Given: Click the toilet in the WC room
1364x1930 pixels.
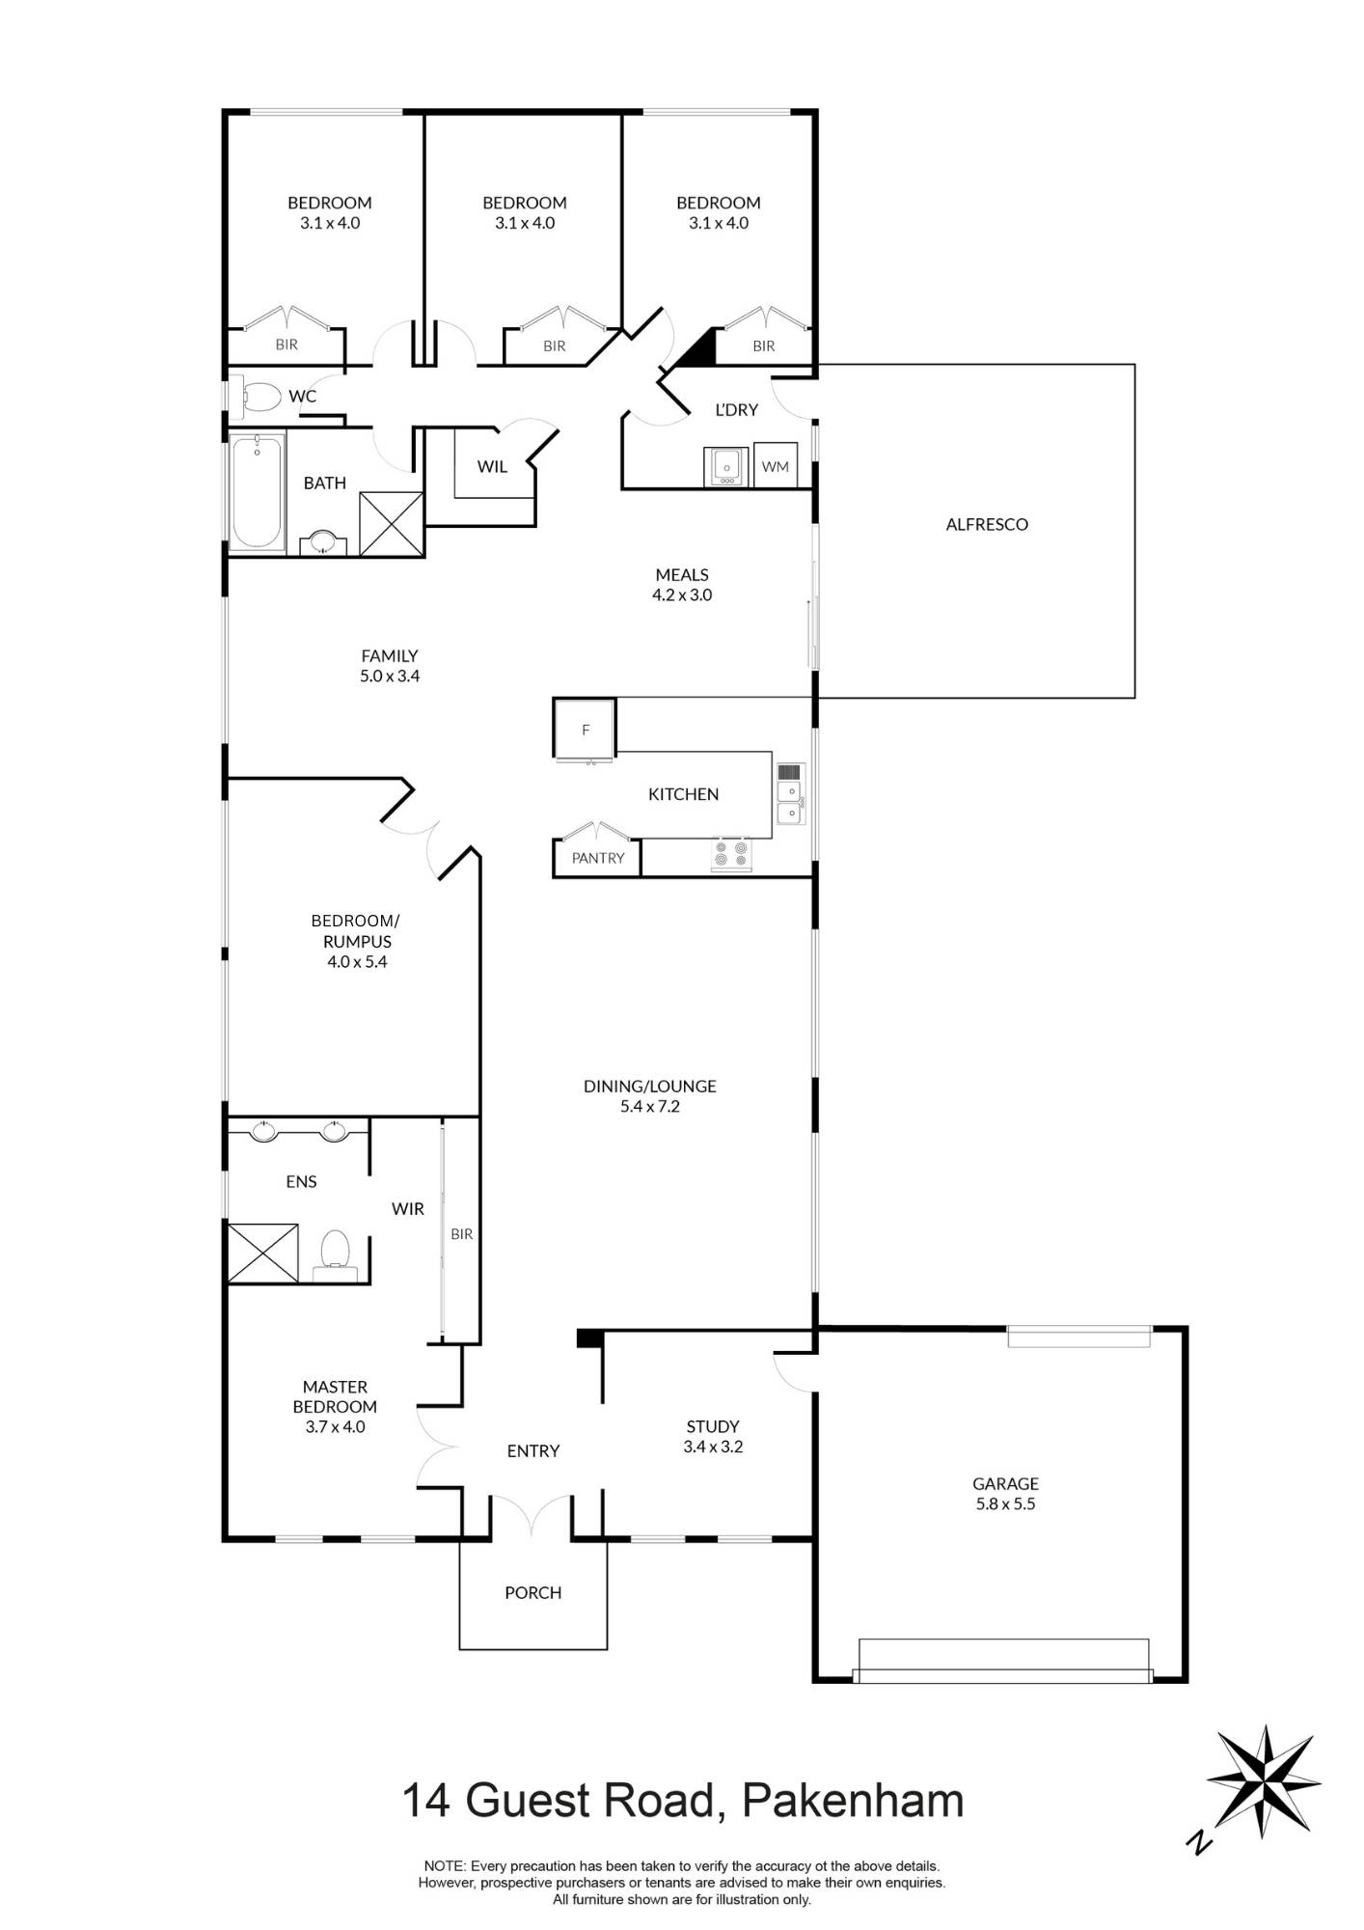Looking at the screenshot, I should (259, 397).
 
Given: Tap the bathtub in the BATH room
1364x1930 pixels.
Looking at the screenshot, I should (258, 492).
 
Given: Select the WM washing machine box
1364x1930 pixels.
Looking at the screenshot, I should (775, 466).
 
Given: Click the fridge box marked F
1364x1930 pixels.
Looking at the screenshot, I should (585, 730).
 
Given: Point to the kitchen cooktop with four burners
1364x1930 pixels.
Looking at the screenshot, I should (730, 854).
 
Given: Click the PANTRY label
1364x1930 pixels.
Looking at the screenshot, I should (597, 858).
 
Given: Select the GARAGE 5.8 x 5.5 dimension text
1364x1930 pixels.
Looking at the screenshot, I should (1005, 1503).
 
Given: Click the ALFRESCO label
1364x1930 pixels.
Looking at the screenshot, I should (986, 524).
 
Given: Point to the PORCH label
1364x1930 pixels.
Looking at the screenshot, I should (532, 1592).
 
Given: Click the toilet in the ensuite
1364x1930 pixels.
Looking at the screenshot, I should (335, 1251).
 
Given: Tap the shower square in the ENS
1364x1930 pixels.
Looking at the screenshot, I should (262, 1253).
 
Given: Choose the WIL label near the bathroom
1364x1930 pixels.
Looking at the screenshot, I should (492, 466).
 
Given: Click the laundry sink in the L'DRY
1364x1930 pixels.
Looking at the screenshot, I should (725, 467).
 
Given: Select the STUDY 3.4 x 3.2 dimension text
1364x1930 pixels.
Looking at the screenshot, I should (713, 1447).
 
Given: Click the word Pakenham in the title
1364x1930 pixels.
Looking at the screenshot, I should (853, 1801).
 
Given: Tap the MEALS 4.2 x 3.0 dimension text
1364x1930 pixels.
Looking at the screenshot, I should (681, 594).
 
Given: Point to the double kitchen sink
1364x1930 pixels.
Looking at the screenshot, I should (789, 803).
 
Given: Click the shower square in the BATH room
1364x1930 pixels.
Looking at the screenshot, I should (391, 524).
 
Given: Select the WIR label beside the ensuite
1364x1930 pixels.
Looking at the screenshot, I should (407, 1208).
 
